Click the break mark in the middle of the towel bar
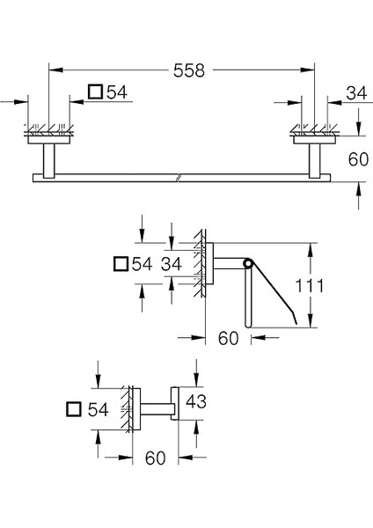(180, 177)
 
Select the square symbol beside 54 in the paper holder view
(122, 263)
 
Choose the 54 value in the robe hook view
(99, 409)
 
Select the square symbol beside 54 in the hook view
(74, 409)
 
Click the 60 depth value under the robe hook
(154, 458)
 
